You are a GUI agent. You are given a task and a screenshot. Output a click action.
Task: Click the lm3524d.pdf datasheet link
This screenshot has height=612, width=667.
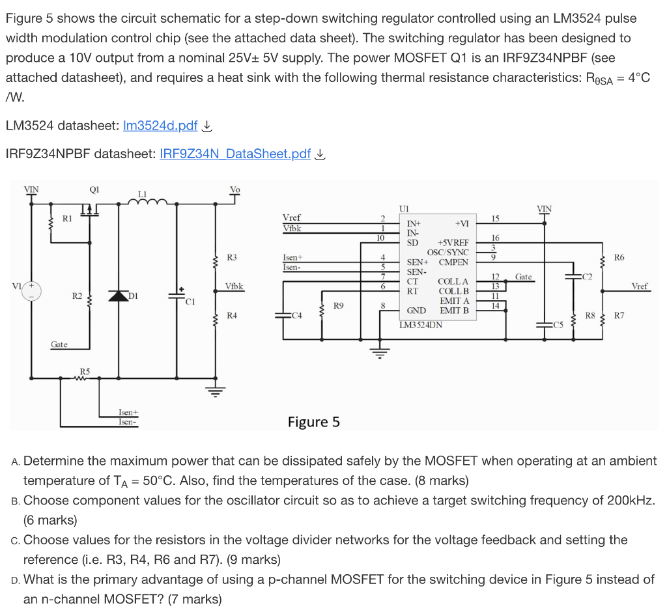point(160,126)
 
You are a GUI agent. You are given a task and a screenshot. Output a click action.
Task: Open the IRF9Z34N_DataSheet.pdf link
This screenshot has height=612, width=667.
point(235,154)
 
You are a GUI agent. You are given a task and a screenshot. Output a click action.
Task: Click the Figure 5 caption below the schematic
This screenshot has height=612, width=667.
point(313,422)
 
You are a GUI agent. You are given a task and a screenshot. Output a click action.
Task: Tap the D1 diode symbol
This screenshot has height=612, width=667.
point(119,296)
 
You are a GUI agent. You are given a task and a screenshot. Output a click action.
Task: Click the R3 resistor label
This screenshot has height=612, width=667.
point(232,257)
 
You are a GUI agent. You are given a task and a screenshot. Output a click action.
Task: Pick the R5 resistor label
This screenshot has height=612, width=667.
point(85,371)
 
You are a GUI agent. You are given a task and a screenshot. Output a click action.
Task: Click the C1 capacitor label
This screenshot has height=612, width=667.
point(190,301)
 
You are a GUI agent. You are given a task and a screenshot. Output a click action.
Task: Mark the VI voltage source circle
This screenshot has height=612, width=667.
point(29,290)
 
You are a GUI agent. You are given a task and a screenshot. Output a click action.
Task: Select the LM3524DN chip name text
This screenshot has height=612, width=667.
point(421,324)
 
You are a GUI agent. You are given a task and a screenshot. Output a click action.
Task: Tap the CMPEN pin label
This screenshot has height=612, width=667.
point(453,262)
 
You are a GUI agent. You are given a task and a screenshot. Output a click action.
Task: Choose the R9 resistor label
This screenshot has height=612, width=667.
point(339,304)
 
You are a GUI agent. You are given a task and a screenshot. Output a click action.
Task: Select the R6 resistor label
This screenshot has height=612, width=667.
point(619,257)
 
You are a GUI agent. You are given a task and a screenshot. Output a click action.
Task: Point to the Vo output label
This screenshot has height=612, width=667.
point(235,189)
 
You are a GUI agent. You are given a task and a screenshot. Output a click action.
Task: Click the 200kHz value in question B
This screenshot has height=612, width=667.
point(629,501)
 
